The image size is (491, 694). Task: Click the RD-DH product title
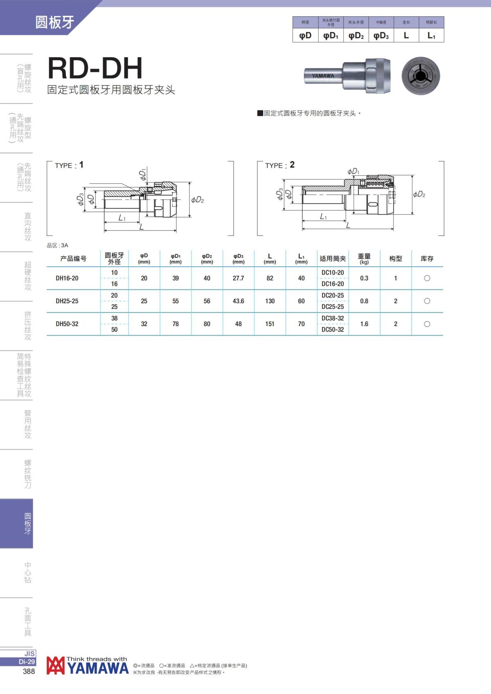coord(95,68)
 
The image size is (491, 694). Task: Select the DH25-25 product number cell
coord(67,301)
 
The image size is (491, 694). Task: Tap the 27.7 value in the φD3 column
coord(238,278)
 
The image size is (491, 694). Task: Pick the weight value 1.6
coord(364,324)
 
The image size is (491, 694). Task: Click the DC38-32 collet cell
coord(333,318)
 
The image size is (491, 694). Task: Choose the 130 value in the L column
coord(270,301)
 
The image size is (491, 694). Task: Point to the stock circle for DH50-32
coord(427,324)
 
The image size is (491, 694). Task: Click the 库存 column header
coord(427,259)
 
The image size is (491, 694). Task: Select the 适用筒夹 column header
coord(333,259)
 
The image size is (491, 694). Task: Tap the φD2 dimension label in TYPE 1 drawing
coord(198,200)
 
